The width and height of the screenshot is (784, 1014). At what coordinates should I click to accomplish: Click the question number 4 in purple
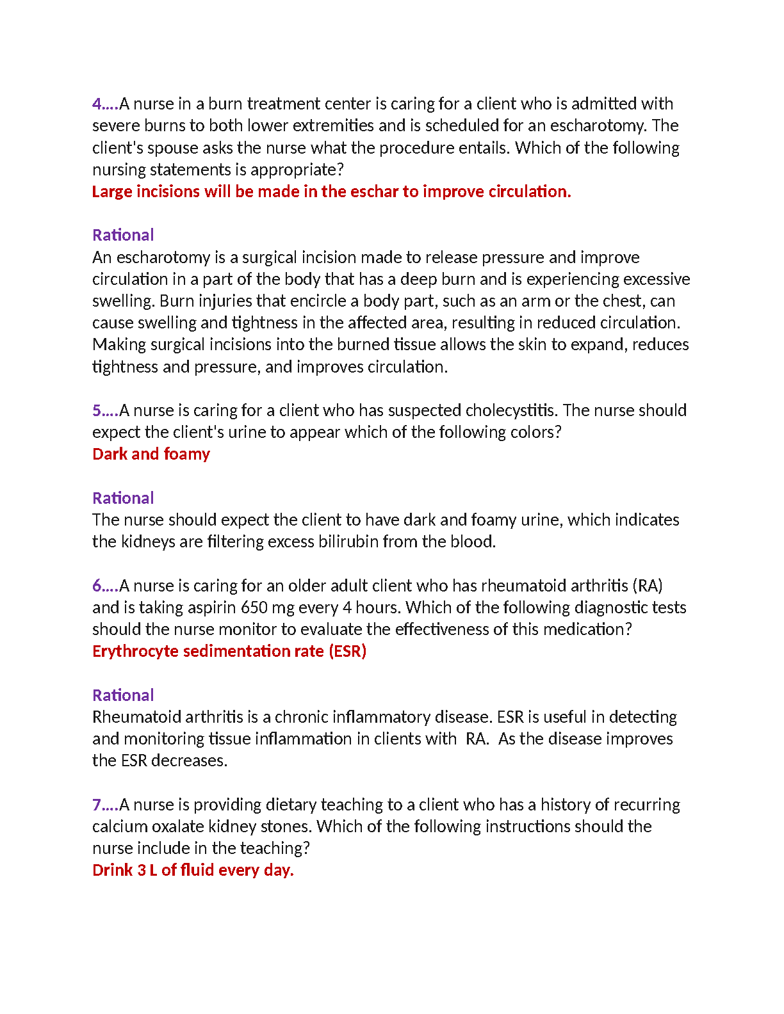tap(97, 104)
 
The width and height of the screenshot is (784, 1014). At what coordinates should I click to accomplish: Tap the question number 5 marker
tap(97, 410)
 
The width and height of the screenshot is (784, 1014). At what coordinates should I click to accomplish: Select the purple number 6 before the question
tap(97, 586)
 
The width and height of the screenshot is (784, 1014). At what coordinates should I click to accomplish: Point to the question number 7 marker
tap(97, 805)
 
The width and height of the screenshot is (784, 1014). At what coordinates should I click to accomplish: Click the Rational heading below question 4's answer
tap(123, 235)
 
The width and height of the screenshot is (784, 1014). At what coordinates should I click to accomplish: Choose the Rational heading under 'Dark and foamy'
tap(123, 498)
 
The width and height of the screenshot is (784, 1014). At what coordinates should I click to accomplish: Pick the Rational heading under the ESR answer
tap(123, 695)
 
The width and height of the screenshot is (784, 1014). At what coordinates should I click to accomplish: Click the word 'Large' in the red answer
tap(112, 191)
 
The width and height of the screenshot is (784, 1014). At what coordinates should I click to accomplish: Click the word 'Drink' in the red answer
tap(112, 870)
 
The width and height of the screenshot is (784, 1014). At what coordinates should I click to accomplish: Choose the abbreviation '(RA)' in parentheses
tap(648, 586)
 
